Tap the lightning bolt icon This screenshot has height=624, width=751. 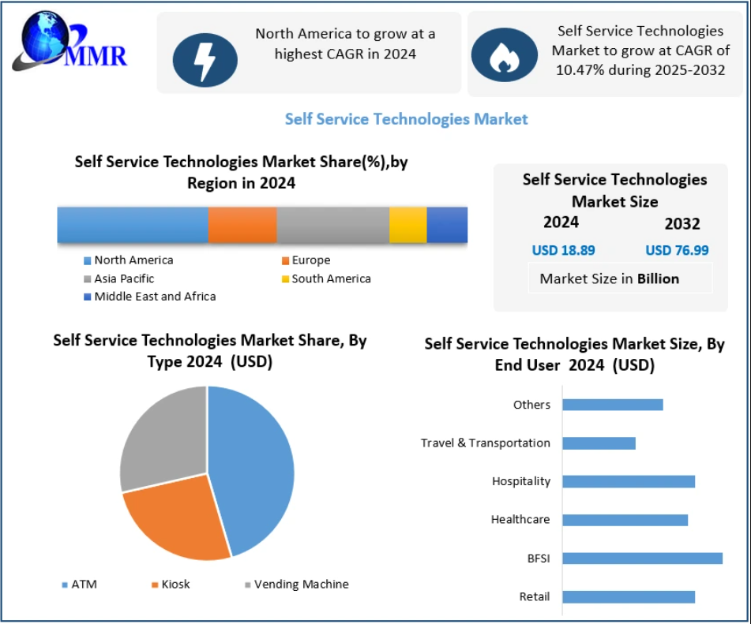point(205,59)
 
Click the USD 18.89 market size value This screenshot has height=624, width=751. point(563,251)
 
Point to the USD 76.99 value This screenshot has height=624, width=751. point(677,251)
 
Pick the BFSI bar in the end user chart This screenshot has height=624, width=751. point(642,559)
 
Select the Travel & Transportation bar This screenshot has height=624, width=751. point(599,443)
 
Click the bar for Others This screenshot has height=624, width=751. point(612,405)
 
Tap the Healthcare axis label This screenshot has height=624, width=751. point(520,520)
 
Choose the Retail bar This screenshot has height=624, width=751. point(629,596)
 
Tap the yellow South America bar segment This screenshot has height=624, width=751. point(407,225)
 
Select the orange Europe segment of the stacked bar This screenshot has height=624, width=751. point(242,225)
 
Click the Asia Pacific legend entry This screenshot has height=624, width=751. point(124,278)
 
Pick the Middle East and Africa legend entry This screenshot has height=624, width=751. point(155,297)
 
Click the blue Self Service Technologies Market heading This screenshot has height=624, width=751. point(406,119)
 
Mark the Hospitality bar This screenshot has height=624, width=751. point(629,481)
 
